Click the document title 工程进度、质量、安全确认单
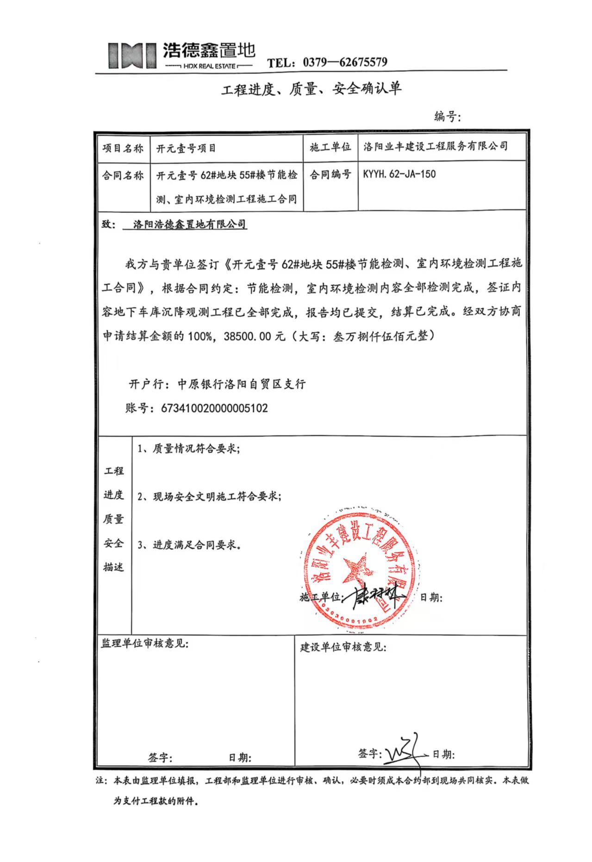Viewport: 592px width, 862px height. point(311,88)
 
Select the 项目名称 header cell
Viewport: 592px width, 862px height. point(123,149)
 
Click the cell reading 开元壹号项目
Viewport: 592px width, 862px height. point(186,149)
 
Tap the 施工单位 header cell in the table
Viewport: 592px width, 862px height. point(330,148)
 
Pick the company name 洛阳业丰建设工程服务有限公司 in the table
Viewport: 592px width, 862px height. point(436,147)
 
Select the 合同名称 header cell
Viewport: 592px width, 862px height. point(123,175)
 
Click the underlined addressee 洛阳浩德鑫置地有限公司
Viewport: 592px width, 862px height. point(190,225)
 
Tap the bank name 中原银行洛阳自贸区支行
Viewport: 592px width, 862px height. point(241,384)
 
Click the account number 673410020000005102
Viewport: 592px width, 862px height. point(214,408)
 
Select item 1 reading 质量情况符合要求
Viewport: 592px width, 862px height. point(189,449)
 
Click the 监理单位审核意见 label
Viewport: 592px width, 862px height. point(144,644)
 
